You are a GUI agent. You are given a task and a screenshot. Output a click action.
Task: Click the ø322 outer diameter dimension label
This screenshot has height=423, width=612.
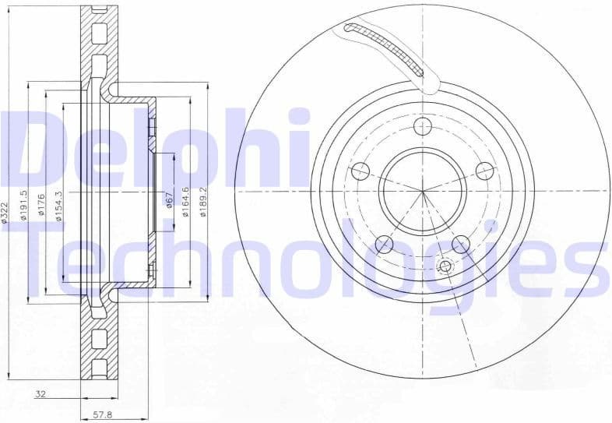coord(6,212)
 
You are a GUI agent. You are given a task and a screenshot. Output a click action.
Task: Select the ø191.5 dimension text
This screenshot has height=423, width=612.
coord(25,206)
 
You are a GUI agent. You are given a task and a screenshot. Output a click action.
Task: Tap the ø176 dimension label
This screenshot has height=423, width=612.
coord(42,206)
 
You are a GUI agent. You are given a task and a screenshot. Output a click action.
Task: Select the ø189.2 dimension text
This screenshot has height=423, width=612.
coord(204,201)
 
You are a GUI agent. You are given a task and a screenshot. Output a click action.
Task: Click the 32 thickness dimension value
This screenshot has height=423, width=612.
coord(41,395)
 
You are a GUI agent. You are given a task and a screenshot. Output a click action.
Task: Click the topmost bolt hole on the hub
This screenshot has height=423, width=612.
coord(423,126)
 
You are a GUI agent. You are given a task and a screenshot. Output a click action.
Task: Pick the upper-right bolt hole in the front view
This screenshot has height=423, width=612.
coord(485,171)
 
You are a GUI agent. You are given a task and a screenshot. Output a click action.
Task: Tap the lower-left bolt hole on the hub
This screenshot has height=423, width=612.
coord(383,245)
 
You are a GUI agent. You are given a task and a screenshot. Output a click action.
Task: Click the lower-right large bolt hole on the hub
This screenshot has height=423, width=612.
coord(462,245)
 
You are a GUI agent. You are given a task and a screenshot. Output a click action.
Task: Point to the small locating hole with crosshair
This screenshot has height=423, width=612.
coord(445,267)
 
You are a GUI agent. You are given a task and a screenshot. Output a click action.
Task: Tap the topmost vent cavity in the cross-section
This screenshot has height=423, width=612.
coord(99,33)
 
